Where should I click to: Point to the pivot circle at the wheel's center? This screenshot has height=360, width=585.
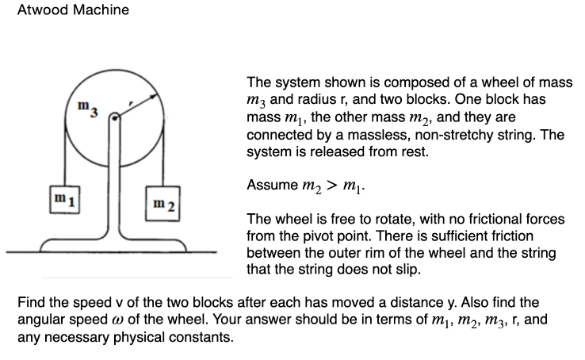(115, 117)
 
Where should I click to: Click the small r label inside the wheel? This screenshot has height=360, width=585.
(132, 103)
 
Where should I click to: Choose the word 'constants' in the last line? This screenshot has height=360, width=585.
(205, 337)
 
